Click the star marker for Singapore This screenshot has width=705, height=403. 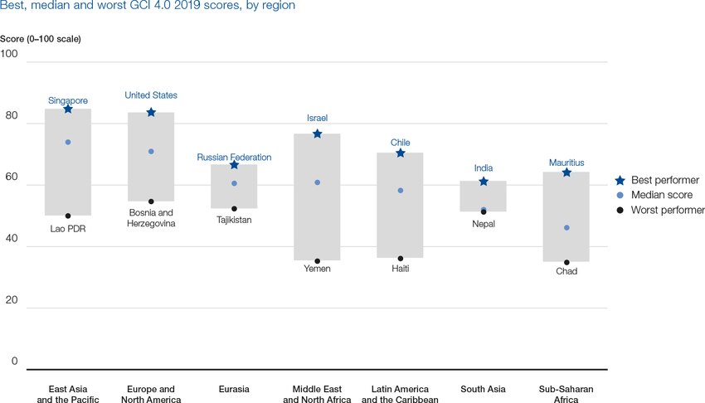pos(68,109)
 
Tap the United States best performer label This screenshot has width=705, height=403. pos(151,95)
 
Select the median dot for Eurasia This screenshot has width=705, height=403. pos(234,183)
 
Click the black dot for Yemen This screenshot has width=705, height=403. pos(317,261)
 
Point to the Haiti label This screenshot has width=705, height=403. pos(400,269)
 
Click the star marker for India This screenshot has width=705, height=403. pos(484,181)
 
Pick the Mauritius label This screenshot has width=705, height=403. pos(566,163)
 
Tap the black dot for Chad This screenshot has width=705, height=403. pos(566,262)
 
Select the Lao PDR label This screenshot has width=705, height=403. pos(68,228)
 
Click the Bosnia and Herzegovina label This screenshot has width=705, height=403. pos(151,218)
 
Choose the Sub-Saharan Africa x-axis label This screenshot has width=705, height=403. pos(566,394)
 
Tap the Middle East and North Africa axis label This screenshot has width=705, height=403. pos(317,394)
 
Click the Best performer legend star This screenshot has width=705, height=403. pos(619,180)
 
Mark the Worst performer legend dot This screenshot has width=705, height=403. pos(619,211)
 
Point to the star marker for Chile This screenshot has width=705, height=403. pos(400,153)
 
